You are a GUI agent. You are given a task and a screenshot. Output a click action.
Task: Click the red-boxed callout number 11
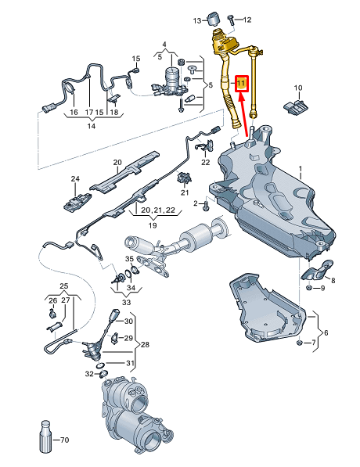[x=241, y=82]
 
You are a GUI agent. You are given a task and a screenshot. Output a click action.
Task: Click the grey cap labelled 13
[x=215, y=18]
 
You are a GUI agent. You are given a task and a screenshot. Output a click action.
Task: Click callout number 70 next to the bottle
[x=65, y=440]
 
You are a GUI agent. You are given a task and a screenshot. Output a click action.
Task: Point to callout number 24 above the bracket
[x=76, y=179]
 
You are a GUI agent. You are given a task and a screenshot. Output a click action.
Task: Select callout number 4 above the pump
[x=164, y=44]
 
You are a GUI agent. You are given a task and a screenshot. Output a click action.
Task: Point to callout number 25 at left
[x=64, y=286]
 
